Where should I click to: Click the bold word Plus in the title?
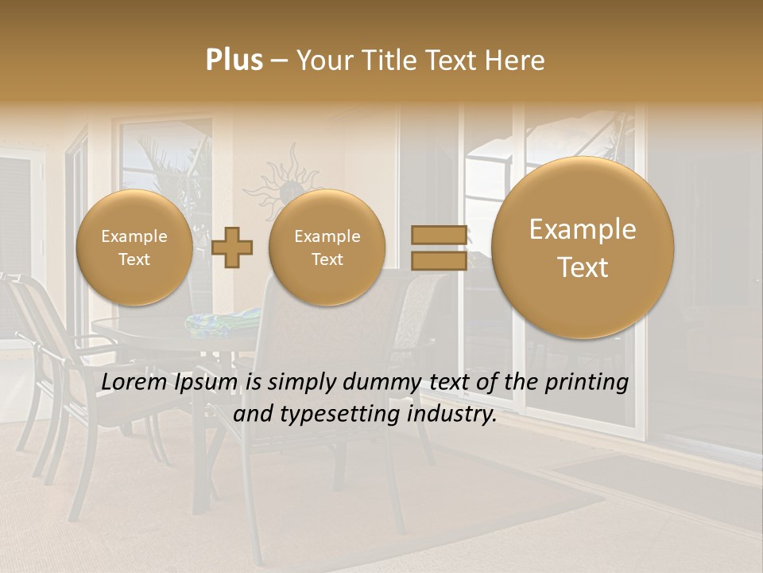pyautogui.click(x=234, y=60)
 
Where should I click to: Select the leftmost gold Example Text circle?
pyautogui.click(x=134, y=248)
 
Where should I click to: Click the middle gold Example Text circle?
pyautogui.click(x=327, y=248)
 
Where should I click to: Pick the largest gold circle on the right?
pyautogui.click(x=583, y=248)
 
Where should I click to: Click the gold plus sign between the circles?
pyautogui.click(x=232, y=248)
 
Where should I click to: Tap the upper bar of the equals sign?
pyautogui.click(x=438, y=234)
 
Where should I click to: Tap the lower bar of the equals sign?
pyautogui.click(x=438, y=261)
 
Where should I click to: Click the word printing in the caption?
pyautogui.click(x=589, y=384)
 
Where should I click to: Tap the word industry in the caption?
pyautogui.click(x=452, y=415)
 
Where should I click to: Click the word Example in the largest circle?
pyautogui.click(x=583, y=229)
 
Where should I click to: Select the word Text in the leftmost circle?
pyautogui.click(x=134, y=259)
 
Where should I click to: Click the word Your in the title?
pyautogui.click(x=323, y=60)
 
